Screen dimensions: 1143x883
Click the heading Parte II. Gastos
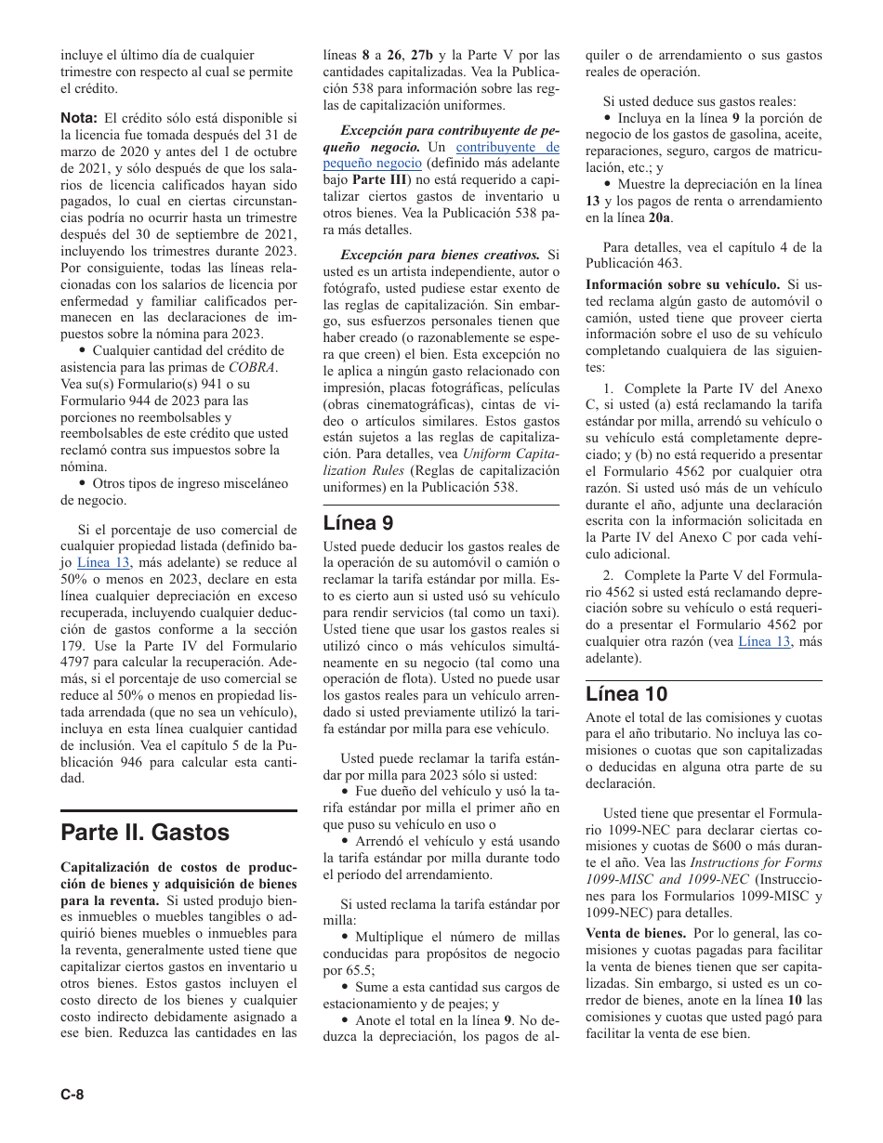pos(145,831)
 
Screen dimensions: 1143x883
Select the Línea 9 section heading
pos(358,523)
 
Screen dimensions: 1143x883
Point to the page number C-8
pos(72,1094)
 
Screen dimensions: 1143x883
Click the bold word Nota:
pos(79,118)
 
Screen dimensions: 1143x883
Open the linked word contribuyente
pos(507,147)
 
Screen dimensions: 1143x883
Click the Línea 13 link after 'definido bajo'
pos(103,562)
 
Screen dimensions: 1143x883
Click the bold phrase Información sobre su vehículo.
pos(682,284)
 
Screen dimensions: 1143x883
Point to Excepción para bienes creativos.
pos(440,255)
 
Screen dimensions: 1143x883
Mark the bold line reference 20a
pos(659,218)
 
